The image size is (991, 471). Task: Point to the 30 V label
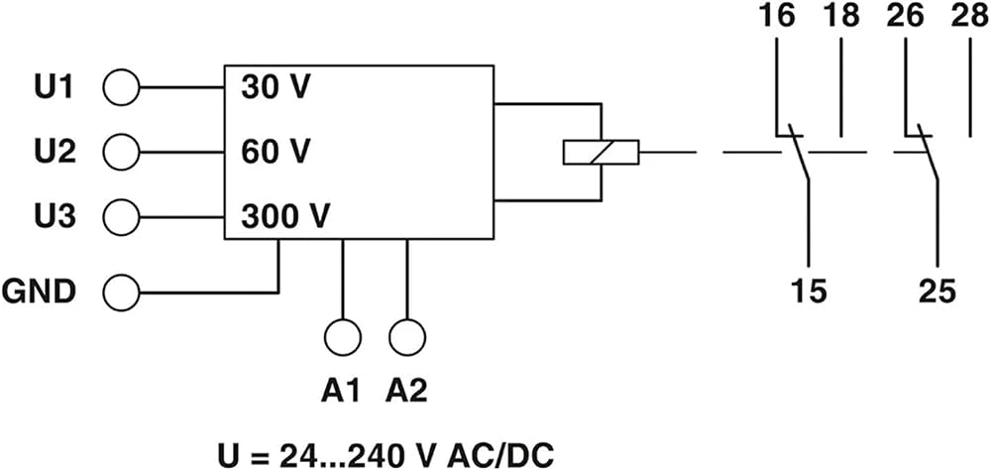(275, 87)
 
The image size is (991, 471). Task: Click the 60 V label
(275, 153)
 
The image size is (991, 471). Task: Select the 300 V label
(285, 217)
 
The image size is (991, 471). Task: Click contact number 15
(809, 292)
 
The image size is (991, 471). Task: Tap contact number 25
(937, 292)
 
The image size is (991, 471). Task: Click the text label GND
(40, 293)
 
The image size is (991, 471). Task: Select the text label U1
(55, 87)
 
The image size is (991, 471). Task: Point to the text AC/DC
(499, 455)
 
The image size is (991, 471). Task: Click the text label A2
(406, 392)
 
